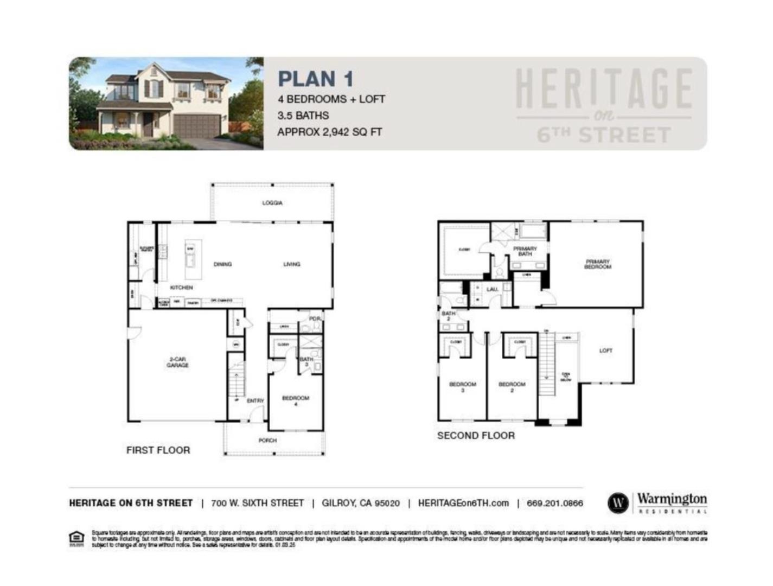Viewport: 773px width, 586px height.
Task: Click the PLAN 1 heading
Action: (x=316, y=79)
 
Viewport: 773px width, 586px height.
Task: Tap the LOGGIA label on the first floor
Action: (x=272, y=203)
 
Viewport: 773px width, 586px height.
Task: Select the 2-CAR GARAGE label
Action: (x=177, y=362)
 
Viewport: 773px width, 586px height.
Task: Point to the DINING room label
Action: (x=222, y=264)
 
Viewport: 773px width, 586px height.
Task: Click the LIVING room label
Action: (x=292, y=264)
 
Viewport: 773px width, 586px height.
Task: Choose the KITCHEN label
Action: (x=181, y=288)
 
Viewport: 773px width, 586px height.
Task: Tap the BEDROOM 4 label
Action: (x=296, y=400)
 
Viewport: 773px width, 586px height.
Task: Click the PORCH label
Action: (x=267, y=441)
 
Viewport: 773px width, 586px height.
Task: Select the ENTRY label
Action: (x=255, y=401)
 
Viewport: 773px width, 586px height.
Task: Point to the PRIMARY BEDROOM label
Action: (x=597, y=264)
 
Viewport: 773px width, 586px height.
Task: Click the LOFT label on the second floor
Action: (x=606, y=351)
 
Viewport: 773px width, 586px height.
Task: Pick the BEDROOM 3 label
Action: (x=463, y=386)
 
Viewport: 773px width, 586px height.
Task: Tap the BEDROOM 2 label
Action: (x=512, y=386)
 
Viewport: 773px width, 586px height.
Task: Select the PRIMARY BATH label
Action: (x=525, y=251)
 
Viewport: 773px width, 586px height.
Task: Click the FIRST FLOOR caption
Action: (x=158, y=450)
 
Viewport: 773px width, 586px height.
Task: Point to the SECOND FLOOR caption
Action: (x=476, y=436)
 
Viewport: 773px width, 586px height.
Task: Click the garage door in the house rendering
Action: (x=197, y=126)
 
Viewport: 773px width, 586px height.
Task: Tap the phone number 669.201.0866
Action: (x=554, y=503)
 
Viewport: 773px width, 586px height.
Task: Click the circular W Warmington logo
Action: (x=618, y=503)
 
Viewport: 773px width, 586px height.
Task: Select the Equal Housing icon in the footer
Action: (x=76, y=538)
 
